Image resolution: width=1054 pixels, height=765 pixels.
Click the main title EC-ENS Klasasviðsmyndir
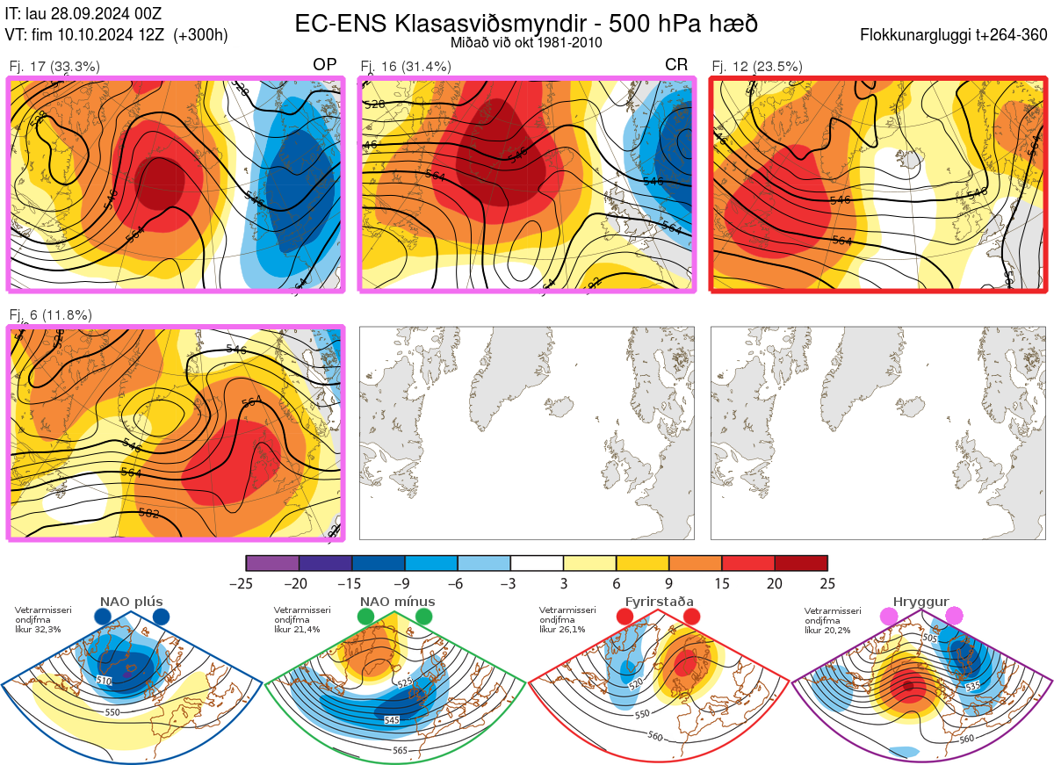(x=525, y=23)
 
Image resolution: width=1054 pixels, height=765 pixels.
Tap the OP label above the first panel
(x=325, y=65)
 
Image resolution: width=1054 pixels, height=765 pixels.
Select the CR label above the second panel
(x=676, y=65)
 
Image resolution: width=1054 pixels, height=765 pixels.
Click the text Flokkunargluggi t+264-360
(x=956, y=35)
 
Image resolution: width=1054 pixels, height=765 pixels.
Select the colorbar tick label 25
(x=827, y=584)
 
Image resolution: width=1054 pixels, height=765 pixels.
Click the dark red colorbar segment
(x=801, y=563)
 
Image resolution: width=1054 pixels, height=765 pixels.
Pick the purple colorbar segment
(x=272, y=563)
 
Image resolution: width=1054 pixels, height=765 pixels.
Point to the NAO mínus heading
(x=397, y=603)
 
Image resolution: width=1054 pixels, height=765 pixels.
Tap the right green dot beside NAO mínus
(x=424, y=617)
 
